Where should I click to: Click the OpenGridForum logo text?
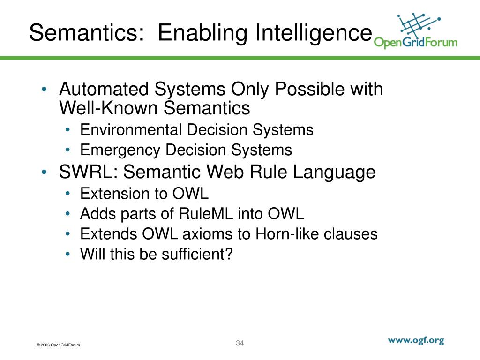point(415,43)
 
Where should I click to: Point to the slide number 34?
point(240,343)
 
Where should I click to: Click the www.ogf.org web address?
point(415,341)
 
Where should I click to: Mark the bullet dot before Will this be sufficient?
point(68,255)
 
